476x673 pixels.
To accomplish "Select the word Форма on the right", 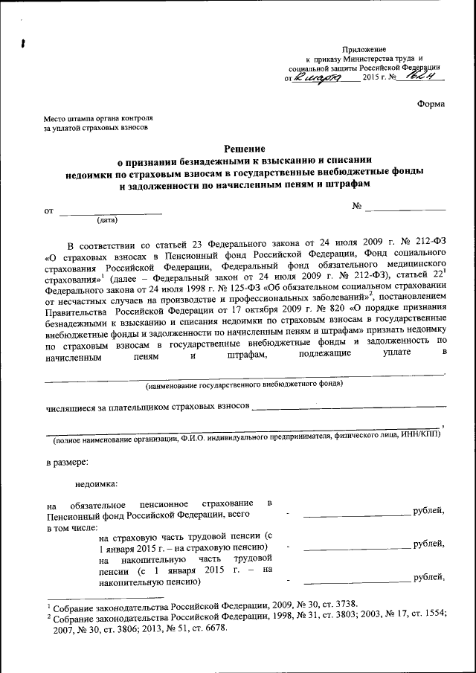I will coord(431,104).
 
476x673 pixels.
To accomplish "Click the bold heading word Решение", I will coord(245,149).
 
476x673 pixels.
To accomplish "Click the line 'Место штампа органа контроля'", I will coord(98,118).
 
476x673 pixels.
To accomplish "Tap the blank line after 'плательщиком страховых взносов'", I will coord(350,408).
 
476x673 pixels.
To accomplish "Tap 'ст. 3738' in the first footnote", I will coord(338,604).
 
